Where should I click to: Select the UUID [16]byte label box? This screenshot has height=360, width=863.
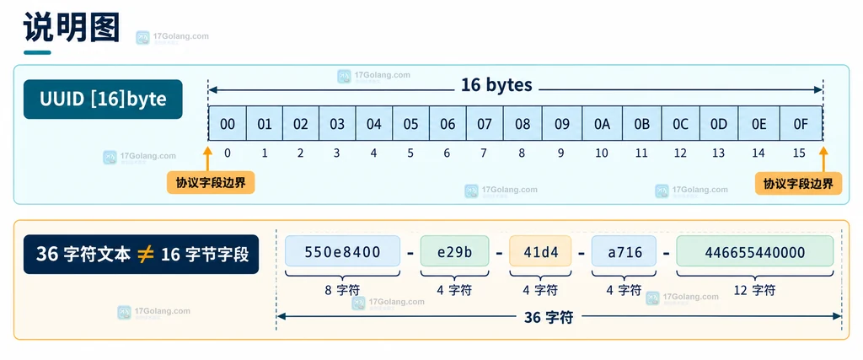tap(103, 99)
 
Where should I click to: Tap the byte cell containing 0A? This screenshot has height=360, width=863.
tap(602, 124)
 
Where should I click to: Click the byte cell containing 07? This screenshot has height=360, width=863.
tap(485, 124)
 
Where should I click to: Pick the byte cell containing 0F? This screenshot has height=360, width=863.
tap(801, 124)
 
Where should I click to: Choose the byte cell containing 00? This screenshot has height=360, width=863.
tap(228, 124)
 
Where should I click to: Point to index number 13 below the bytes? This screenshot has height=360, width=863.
tap(718, 153)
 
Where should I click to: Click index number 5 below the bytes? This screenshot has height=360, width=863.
tap(410, 153)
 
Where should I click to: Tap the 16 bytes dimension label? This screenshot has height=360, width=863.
tap(497, 85)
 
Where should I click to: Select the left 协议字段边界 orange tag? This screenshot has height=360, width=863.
tap(211, 183)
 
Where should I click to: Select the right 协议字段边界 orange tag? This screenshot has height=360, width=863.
tap(799, 183)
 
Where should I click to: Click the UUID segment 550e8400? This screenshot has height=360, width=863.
tap(342, 251)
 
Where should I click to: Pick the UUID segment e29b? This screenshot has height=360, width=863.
tap(454, 251)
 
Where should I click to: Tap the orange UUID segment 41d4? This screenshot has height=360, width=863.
tap(540, 251)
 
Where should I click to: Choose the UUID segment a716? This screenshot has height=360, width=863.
tap(624, 251)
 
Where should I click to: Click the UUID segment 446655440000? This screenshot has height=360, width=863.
tap(755, 251)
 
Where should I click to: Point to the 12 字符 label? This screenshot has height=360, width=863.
tap(755, 289)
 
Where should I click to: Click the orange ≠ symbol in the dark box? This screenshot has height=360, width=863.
tap(145, 255)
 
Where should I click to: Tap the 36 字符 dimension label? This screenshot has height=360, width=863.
tap(549, 317)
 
